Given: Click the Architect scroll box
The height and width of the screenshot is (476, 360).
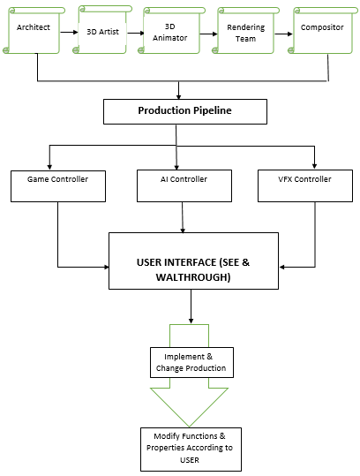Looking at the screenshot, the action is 34,31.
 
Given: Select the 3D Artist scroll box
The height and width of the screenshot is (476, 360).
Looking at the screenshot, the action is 102,29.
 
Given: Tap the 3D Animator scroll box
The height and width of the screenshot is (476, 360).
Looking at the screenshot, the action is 172,31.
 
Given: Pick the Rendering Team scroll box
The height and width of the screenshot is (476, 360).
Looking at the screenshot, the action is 245,31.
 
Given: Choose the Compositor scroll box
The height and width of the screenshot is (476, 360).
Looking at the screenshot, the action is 323,31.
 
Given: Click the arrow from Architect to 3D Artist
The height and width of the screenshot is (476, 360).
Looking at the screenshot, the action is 69,32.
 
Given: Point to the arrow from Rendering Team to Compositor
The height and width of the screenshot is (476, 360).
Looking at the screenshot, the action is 283,34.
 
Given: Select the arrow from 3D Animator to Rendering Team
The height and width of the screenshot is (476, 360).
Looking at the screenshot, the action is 208,34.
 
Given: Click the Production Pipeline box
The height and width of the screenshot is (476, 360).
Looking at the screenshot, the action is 185,111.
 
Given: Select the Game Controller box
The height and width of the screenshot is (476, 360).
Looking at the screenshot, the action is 58,186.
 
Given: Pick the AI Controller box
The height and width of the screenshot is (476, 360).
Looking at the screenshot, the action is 184,185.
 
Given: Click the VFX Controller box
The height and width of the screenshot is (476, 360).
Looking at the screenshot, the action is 305,185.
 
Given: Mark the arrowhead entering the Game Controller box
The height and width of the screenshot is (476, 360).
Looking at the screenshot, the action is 49,167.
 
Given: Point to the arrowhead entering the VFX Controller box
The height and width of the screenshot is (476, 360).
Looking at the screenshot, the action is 314,166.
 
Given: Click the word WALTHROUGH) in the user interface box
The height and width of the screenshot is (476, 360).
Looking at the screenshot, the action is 193,277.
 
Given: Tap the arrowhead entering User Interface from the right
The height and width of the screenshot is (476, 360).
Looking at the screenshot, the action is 281,267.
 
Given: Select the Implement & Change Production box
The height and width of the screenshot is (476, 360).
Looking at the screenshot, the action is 191,362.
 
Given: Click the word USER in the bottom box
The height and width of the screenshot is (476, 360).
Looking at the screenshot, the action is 190,460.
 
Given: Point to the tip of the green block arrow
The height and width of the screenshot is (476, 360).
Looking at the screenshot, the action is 189,427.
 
